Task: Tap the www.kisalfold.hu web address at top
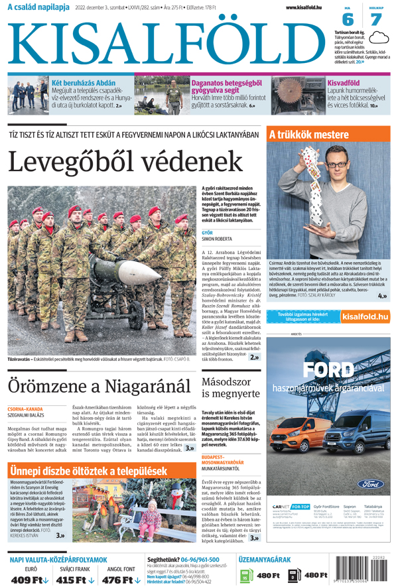point(309,7)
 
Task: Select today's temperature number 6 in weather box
point(348,20)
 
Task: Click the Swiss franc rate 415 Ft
point(75,579)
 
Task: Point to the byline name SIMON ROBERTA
point(217,239)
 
